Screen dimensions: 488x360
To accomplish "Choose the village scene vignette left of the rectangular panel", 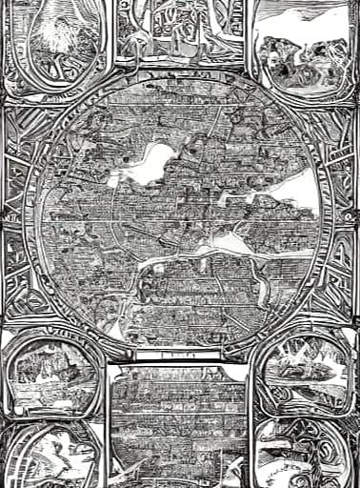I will pos(52,372).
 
